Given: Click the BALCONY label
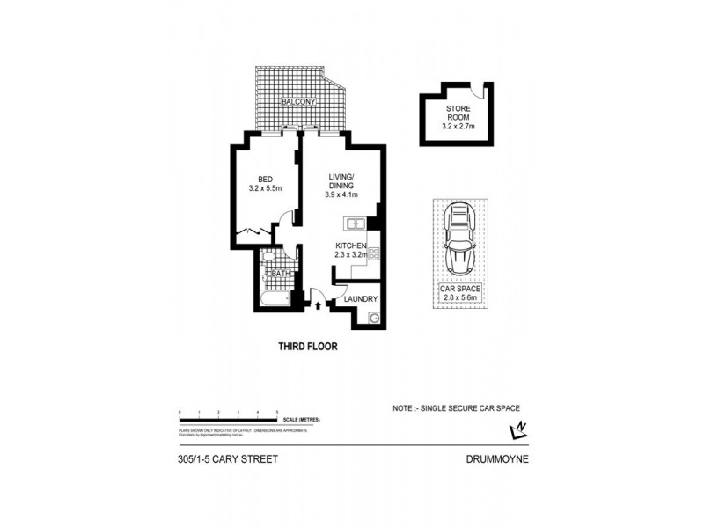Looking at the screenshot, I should tap(297, 103).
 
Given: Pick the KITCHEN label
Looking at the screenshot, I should tap(350, 246).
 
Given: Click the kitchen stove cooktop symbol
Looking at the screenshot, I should tap(373, 255).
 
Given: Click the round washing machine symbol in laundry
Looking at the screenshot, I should tap(374, 318).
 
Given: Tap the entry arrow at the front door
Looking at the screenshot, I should tap(318, 306).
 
